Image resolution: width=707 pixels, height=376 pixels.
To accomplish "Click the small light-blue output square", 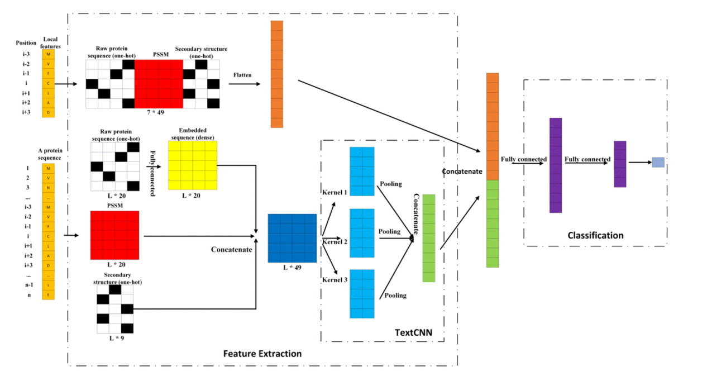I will (658, 162).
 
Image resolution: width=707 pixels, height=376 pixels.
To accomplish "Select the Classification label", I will (595, 235).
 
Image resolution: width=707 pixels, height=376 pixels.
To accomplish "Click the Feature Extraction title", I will (262, 354).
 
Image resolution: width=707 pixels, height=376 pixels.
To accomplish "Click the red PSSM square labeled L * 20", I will (114, 235).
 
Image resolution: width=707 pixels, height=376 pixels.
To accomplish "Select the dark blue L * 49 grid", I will (292, 237).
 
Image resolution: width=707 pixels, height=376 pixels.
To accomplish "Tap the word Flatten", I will (242, 75).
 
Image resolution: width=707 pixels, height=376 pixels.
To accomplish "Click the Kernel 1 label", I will (335, 193).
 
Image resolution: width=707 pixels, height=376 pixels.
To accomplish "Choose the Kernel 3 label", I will (335, 279).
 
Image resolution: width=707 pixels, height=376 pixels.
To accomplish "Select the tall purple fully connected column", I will (555, 165).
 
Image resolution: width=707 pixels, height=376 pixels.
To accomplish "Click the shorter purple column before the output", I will (620, 164).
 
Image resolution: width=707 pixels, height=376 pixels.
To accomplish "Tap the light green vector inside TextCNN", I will (428, 238).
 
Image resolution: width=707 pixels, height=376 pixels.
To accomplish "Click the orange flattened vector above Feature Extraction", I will (276, 74).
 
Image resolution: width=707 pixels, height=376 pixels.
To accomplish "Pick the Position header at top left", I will (26, 42).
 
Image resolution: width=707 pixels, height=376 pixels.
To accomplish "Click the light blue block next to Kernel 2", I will (362, 232).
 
